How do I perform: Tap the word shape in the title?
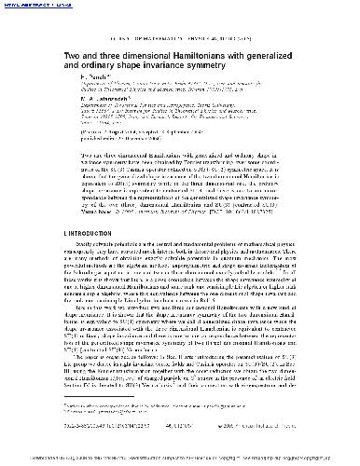[131, 67]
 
